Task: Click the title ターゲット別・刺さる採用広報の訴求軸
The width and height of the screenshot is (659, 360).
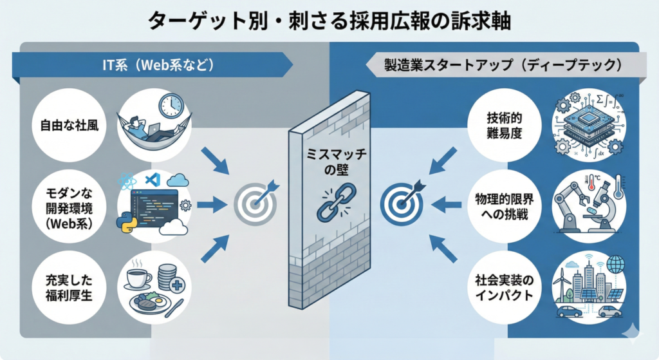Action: [329, 21]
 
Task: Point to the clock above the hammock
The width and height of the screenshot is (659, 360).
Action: [172, 104]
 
